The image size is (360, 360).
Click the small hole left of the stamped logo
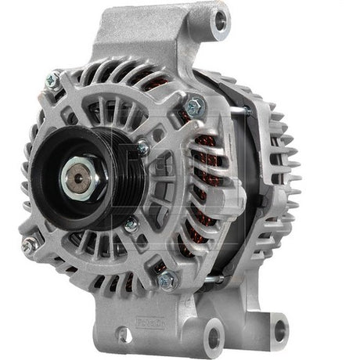pos(122,335)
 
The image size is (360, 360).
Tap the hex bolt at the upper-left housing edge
pos(53,78)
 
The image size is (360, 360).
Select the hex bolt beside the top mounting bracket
pos(194,103)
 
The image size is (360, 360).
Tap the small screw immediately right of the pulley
pos(142,147)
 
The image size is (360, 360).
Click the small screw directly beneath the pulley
pos(130,224)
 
